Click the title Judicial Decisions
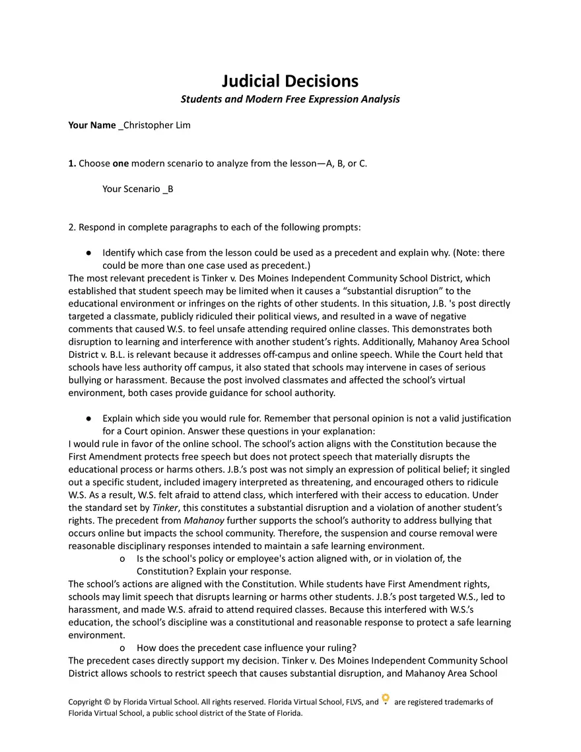[x=290, y=81]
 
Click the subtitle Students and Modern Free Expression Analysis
[x=290, y=100]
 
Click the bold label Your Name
[x=92, y=125]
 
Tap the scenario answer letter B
[x=170, y=189]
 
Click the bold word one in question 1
[x=121, y=164]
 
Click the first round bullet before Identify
[x=88, y=254]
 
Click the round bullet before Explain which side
[x=88, y=419]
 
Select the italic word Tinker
[x=165, y=508]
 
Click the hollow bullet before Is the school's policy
[x=122, y=559]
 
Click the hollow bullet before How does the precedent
[x=122, y=648]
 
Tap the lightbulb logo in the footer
[x=386, y=700]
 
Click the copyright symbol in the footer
[x=108, y=702]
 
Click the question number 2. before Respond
[x=72, y=228]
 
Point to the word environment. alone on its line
[x=94, y=634]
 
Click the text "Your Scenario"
[x=131, y=189]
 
